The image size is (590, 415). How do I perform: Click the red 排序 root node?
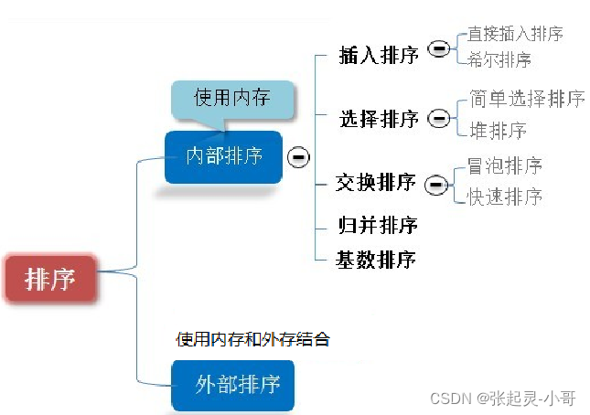(x=50, y=278)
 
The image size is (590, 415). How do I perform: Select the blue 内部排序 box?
(x=223, y=156)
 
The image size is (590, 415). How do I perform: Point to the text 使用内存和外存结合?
(x=252, y=339)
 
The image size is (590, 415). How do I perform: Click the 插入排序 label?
(x=378, y=55)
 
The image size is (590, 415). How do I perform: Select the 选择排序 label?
(x=378, y=119)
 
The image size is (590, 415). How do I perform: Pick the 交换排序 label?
(x=376, y=183)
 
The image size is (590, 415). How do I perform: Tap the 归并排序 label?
(x=377, y=224)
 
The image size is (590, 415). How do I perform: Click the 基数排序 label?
(x=376, y=260)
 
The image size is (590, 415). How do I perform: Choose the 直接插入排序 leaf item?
(x=515, y=34)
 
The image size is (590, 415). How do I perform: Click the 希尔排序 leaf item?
(x=499, y=60)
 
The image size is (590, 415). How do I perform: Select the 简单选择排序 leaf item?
(x=526, y=99)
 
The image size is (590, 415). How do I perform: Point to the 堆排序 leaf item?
(x=498, y=131)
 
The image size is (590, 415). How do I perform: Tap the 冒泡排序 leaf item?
(x=505, y=165)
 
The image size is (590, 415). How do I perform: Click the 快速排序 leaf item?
(x=505, y=197)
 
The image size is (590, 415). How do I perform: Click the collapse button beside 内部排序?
(x=297, y=157)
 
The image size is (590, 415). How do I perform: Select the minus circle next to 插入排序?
(x=439, y=49)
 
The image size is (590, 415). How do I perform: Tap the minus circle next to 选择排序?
(x=439, y=118)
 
